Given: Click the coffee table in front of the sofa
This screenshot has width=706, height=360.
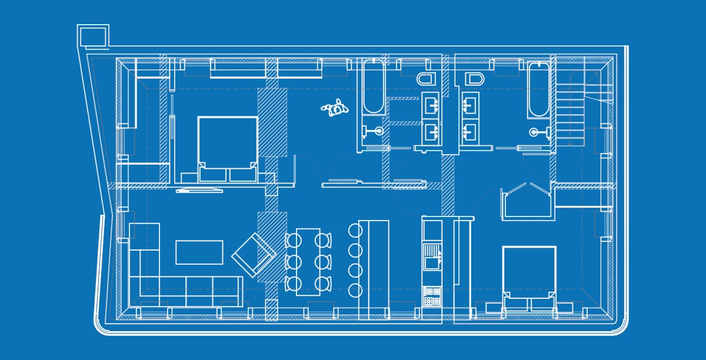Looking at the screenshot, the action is (199, 252).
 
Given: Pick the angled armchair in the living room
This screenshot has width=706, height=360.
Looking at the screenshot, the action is (254, 254).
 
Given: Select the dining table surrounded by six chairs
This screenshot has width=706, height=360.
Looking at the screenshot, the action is (308, 261).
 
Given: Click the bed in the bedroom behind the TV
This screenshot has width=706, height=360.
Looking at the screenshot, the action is (227, 147).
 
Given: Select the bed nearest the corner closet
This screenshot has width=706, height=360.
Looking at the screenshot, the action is (529, 276).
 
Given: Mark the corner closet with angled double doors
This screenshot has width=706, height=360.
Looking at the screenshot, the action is (526, 202).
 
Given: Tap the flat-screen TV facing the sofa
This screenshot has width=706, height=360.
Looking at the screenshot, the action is (199, 189).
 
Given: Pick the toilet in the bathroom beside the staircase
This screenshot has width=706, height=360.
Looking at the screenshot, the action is (473, 78).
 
